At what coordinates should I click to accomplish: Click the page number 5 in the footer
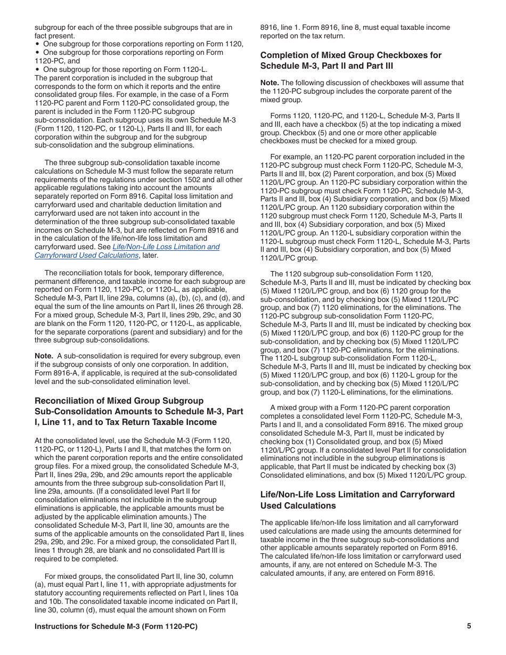point(469,626)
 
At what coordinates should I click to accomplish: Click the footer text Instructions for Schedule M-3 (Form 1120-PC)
point(116,626)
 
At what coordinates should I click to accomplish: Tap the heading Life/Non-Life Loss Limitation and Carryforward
point(357,495)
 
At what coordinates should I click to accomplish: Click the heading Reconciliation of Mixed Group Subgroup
point(119,401)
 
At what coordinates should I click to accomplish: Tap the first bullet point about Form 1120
point(37,44)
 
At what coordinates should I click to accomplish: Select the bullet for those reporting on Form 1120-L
point(37,70)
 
